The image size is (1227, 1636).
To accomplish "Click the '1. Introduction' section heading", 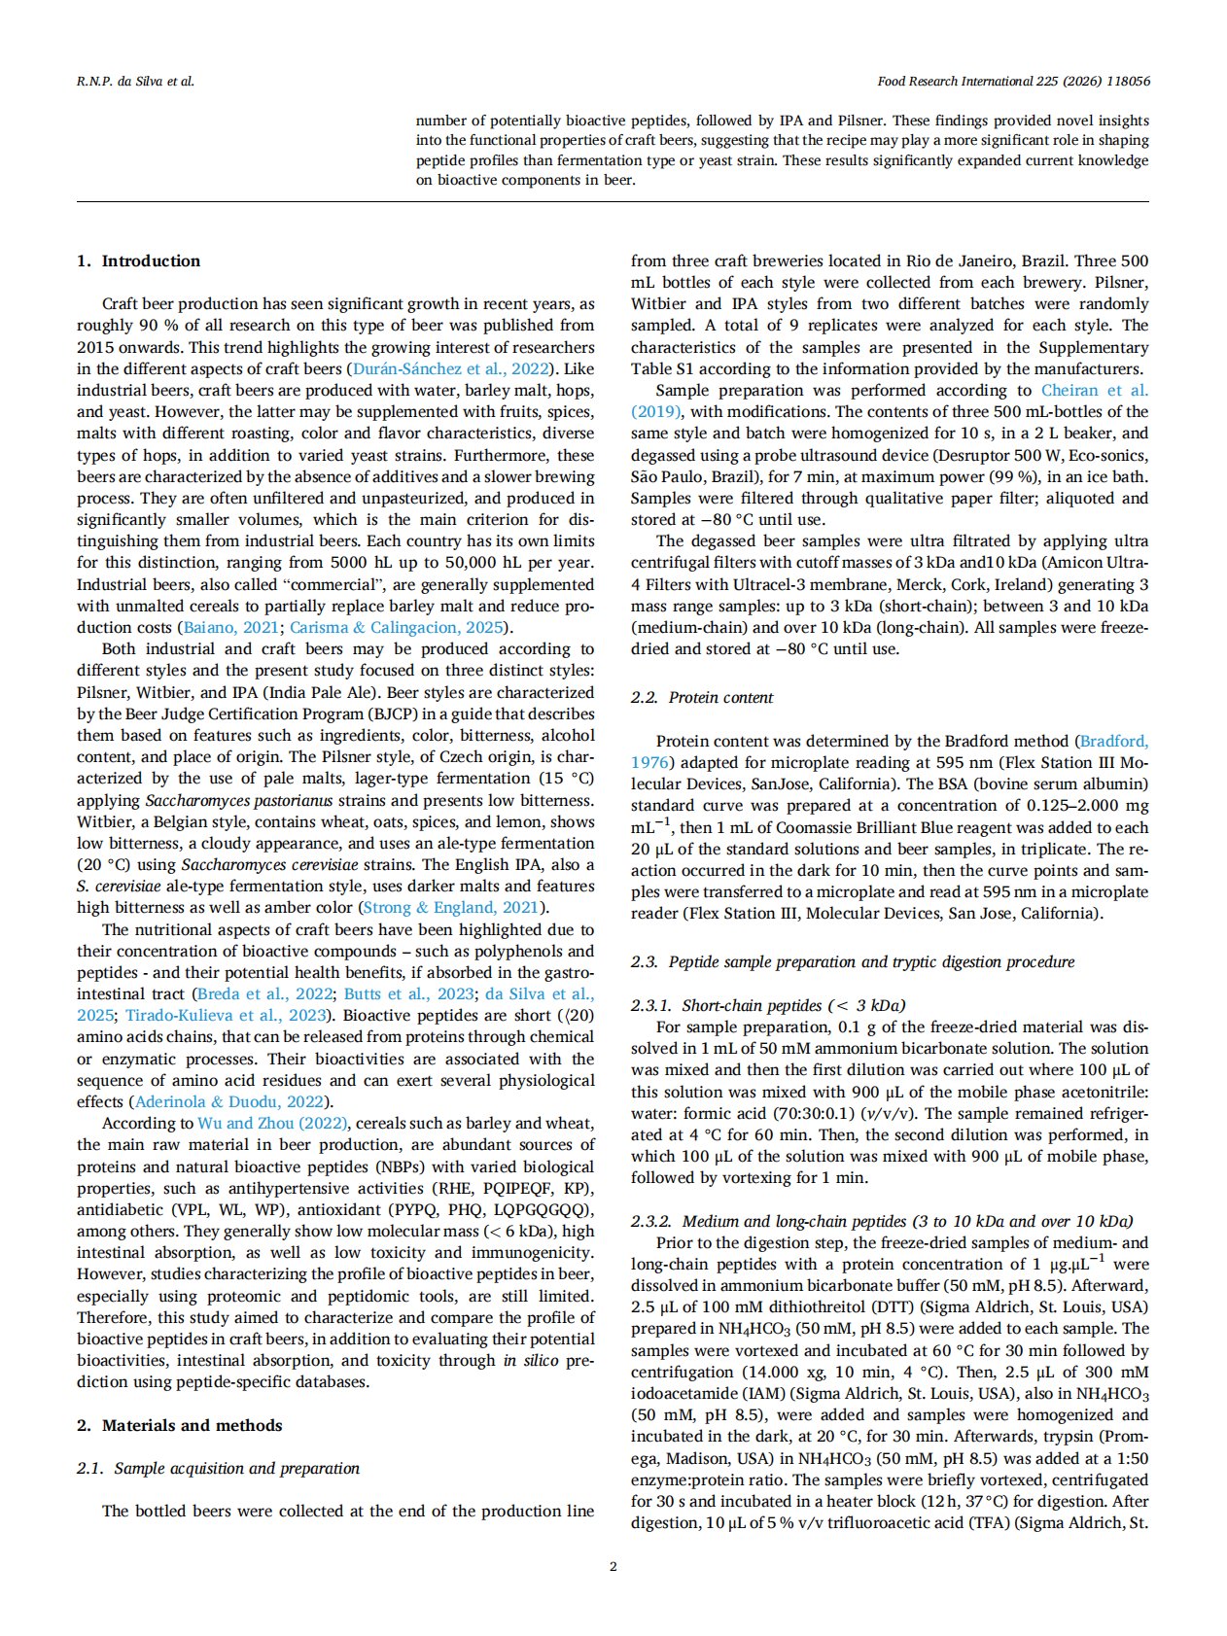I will point(138,261).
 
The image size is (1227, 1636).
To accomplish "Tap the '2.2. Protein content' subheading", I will point(701,697).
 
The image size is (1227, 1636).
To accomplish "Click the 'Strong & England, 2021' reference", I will point(450,907).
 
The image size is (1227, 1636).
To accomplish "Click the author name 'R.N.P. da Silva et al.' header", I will point(135,81).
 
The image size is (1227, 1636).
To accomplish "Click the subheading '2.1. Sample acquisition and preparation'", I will point(218,1468).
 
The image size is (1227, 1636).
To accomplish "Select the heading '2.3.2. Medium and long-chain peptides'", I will point(882,1221).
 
